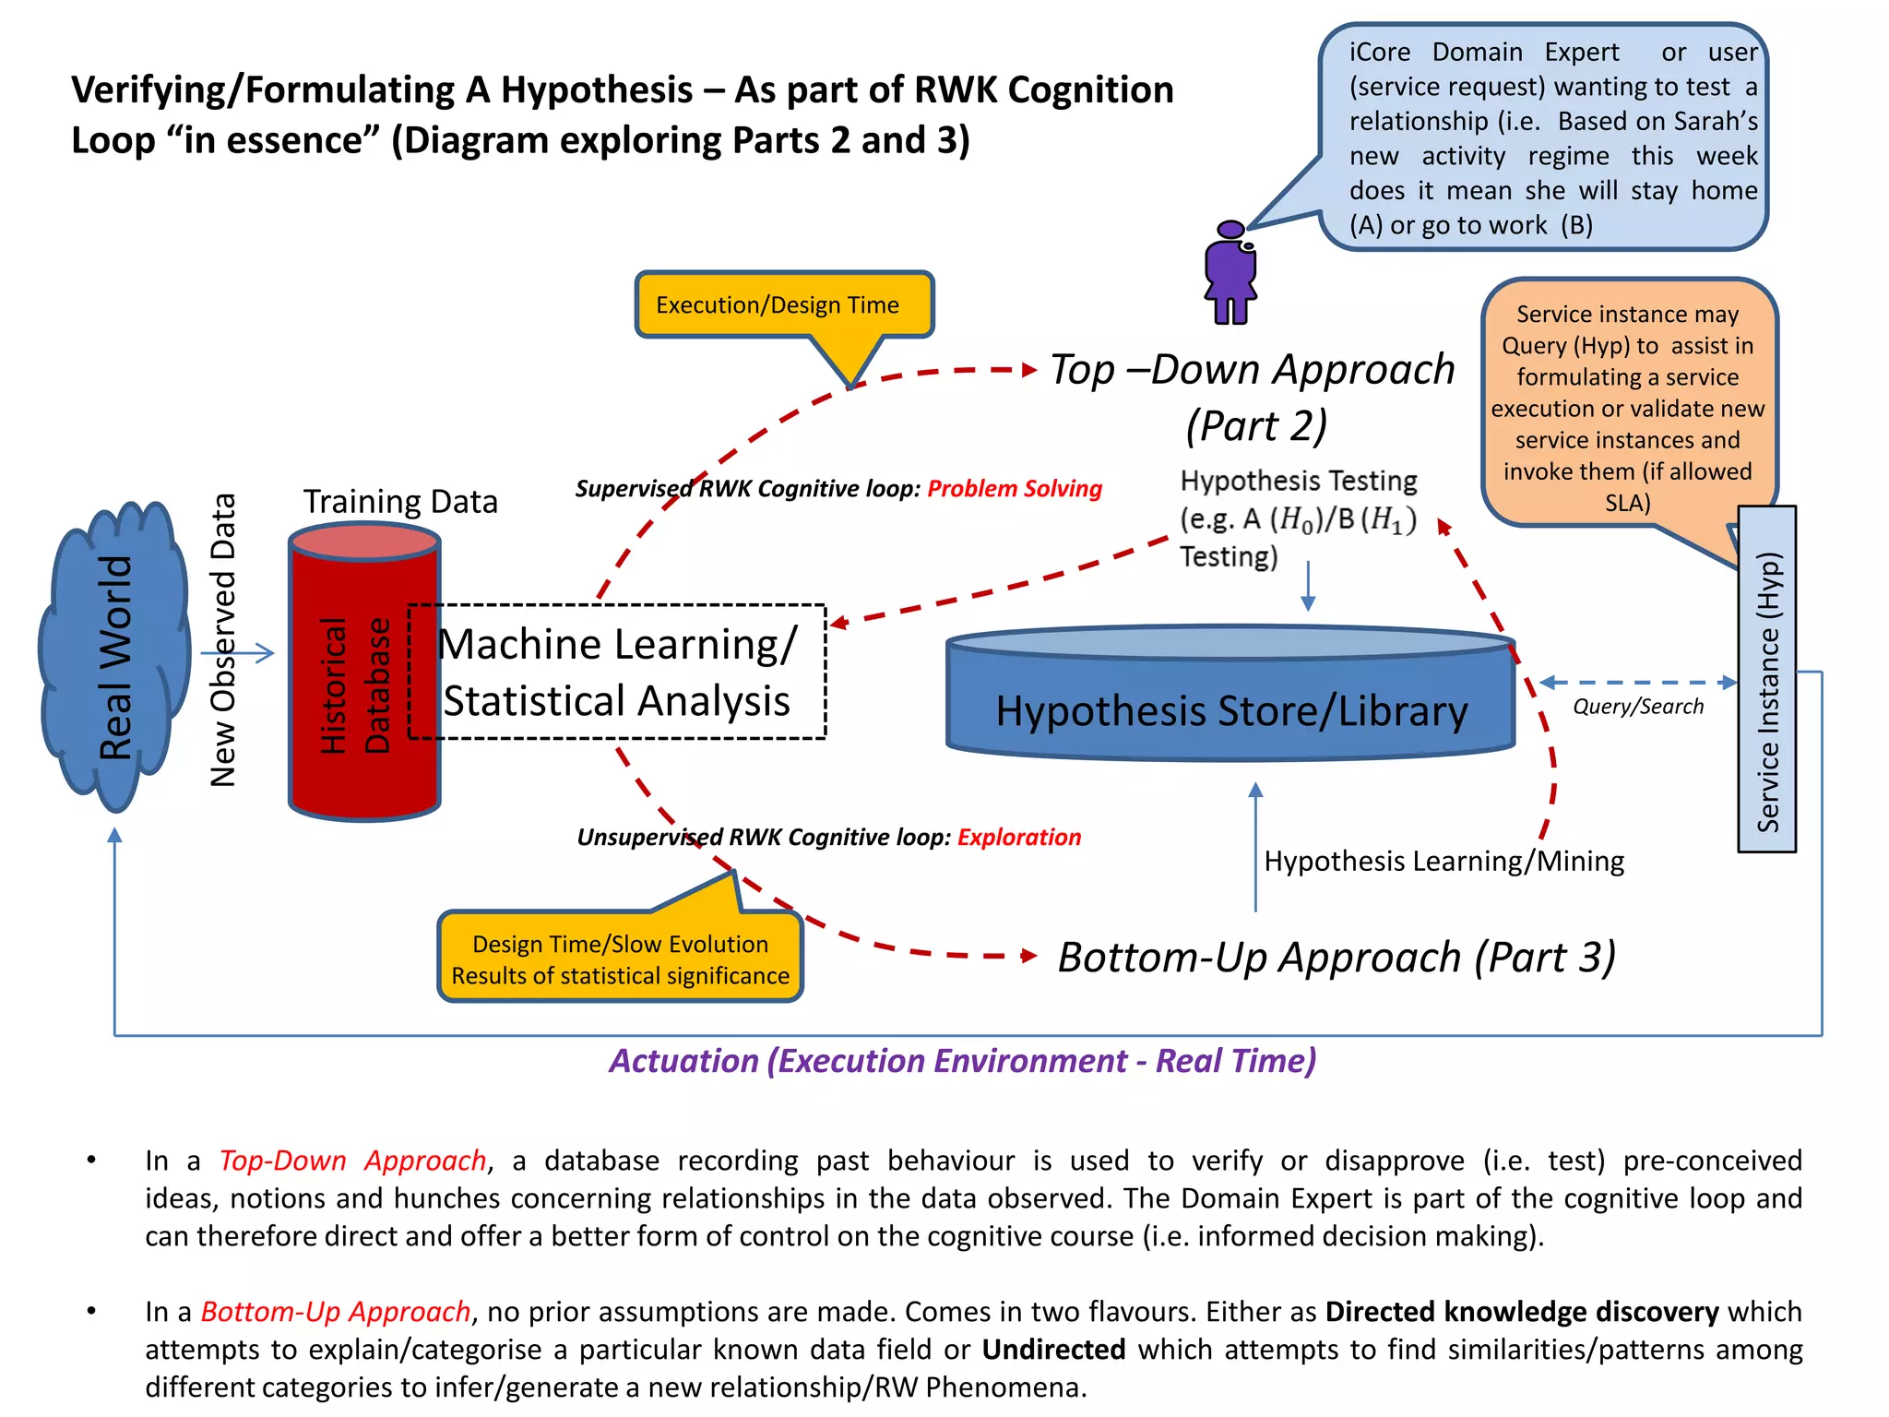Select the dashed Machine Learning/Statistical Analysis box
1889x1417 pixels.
[x=616, y=672]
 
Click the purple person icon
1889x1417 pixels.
[x=1230, y=273]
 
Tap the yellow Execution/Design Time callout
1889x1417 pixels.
[x=783, y=305]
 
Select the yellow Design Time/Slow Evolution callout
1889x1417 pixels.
[x=620, y=959]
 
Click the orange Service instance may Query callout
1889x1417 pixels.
[x=1627, y=407]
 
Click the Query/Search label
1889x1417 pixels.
[x=1638, y=707]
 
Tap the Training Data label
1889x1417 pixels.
[x=400, y=502]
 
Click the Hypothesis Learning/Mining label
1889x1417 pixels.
[x=1443, y=862]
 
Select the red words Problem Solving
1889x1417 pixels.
[x=1015, y=489]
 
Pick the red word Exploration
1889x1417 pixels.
[x=1019, y=838]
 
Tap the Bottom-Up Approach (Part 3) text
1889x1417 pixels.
[x=1337, y=958]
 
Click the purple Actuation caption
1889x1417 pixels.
[x=962, y=1061]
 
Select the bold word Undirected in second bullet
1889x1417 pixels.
[x=1053, y=1350]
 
